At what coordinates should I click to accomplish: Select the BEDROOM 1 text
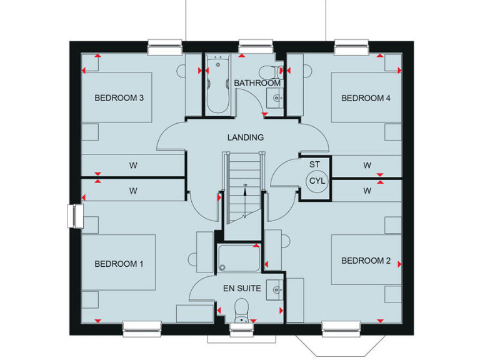click(119, 264)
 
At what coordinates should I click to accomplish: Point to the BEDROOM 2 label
click(366, 261)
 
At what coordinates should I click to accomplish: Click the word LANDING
click(245, 137)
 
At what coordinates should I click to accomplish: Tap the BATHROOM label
click(257, 83)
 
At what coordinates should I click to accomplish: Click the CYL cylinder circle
click(315, 181)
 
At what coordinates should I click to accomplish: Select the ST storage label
click(314, 165)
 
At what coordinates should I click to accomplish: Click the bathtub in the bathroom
click(217, 85)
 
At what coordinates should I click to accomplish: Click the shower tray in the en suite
click(239, 258)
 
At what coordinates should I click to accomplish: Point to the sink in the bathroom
click(276, 98)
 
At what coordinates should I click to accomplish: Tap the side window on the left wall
click(76, 216)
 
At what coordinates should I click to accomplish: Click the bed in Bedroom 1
click(119, 262)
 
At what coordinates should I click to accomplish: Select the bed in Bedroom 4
click(366, 97)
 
